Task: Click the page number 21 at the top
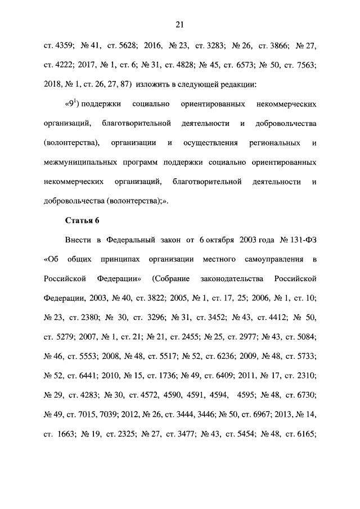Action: (179, 24)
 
